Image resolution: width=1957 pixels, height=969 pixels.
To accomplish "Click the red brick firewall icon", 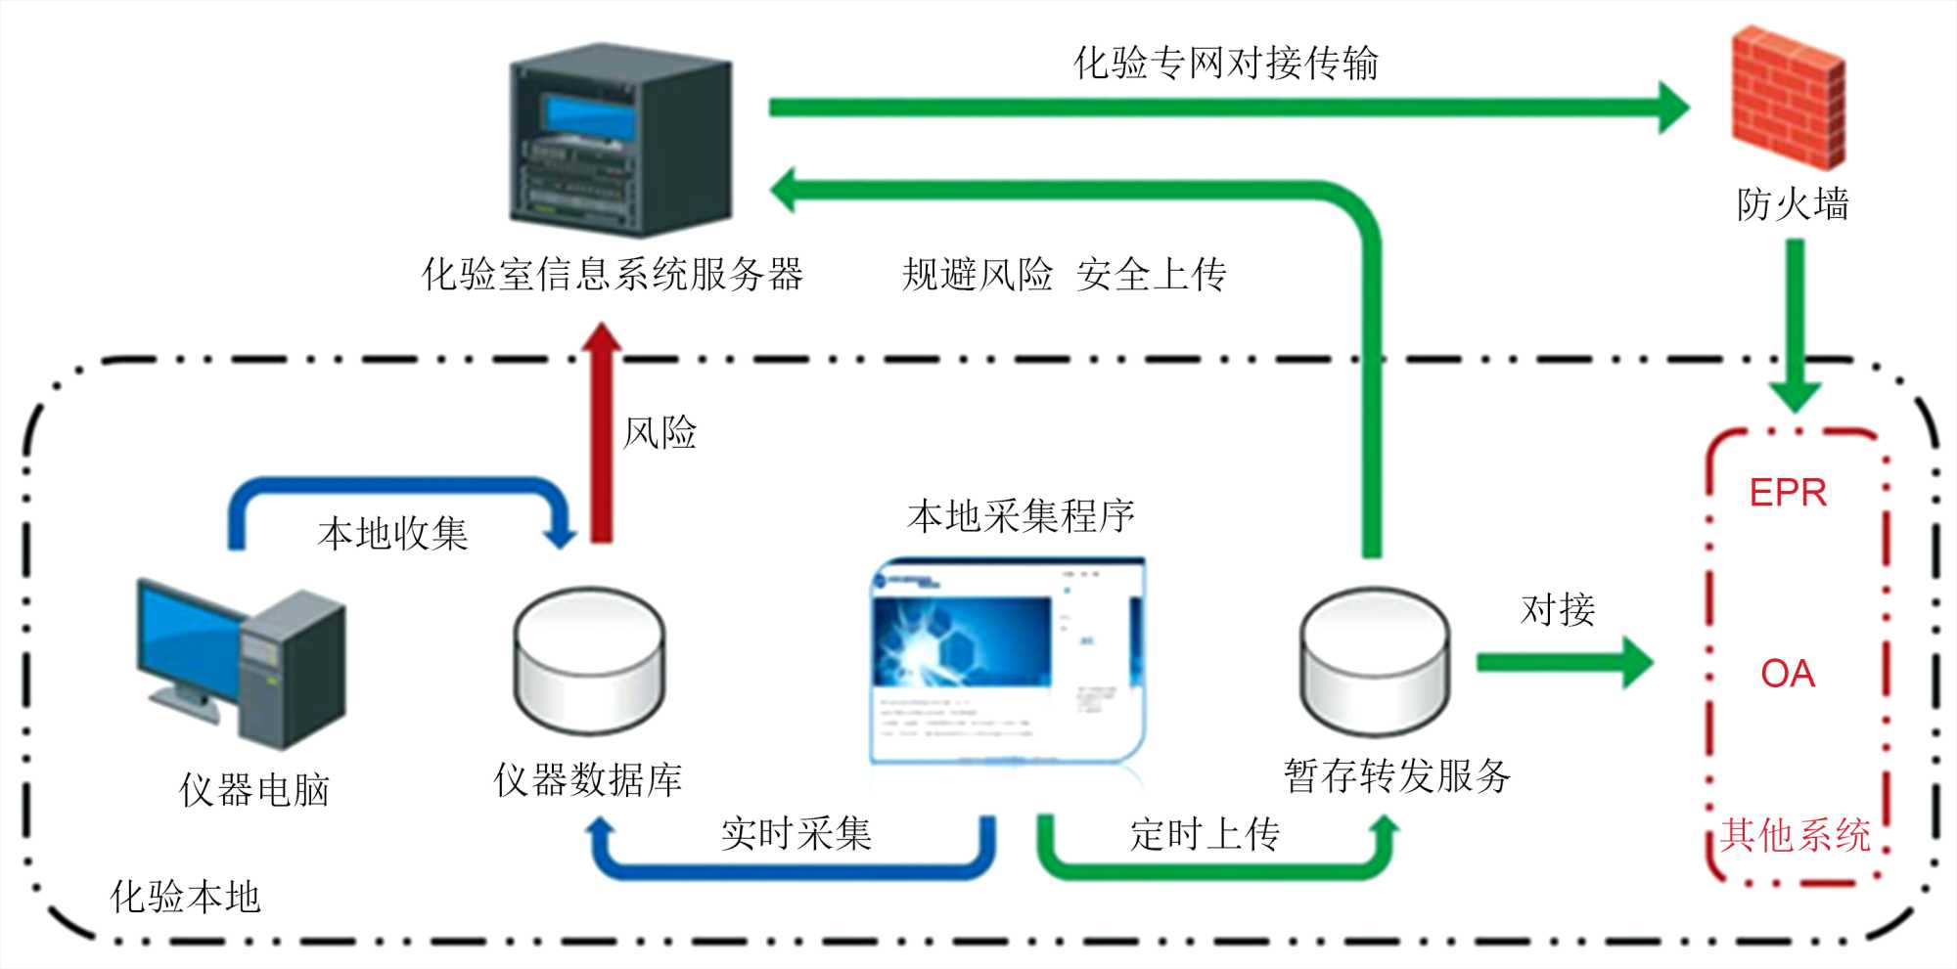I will coord(1789,98).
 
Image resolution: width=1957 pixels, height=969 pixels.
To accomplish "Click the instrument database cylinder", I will coord(589,660).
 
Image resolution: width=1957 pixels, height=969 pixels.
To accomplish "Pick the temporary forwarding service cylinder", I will coord(1374,660).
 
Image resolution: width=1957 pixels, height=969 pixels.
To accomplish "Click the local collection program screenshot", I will coord(1008,660).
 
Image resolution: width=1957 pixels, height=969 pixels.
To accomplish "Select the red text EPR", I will coord(1788,493).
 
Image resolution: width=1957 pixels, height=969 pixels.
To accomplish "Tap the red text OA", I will coord(1788,674).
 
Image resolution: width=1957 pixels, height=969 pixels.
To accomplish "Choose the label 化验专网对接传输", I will coord(1225,64).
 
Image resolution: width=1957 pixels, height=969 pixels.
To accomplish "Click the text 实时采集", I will coord(796,834).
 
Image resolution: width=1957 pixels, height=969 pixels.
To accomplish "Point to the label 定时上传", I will coord(1205,834).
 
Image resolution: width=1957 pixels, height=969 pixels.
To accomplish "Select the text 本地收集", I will coord(393,534).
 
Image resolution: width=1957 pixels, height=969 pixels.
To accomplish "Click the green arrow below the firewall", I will coord(1795,323).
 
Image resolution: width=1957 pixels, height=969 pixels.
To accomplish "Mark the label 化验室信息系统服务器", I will coord(613,275).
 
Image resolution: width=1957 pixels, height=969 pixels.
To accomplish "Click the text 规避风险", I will coord(977,275).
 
